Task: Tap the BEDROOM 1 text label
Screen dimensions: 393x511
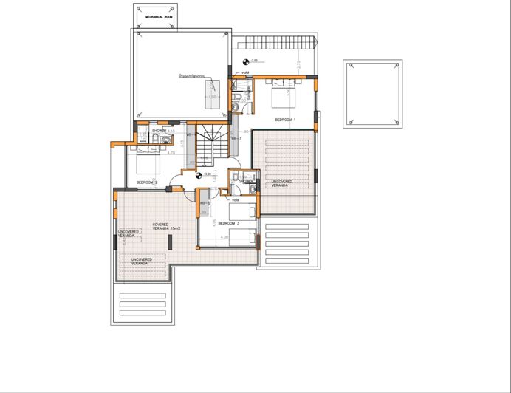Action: click(x=285, y=119)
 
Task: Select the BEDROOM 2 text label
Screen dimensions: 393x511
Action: click(x=147, y=182)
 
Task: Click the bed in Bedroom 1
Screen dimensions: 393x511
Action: click(x=281, y=94)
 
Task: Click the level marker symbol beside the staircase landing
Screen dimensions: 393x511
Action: click(x=197, y=175)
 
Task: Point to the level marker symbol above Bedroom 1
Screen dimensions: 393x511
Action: click(x=244, y=61)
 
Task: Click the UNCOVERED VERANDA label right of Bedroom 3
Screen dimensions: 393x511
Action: click(x=281, y=182)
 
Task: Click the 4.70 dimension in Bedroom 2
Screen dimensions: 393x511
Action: click(x=171, y=153)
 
